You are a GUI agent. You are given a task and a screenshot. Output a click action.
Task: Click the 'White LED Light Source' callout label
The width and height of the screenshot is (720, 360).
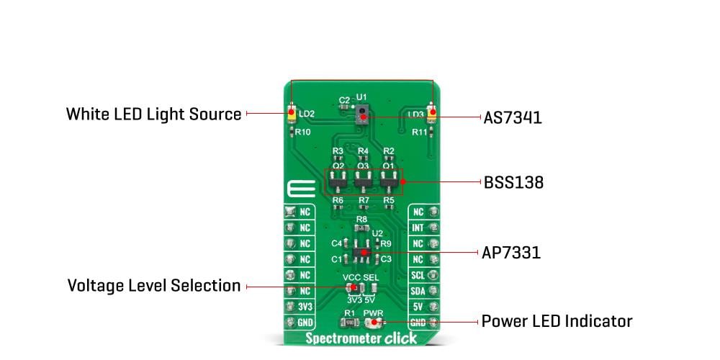pos(153,114)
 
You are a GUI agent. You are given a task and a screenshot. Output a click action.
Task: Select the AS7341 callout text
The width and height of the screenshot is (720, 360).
pos(513,117)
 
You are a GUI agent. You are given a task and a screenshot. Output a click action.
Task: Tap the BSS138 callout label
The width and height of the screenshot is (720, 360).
pos(513,182)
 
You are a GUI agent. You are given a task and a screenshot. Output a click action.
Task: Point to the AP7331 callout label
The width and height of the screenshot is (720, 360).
pos(510,253)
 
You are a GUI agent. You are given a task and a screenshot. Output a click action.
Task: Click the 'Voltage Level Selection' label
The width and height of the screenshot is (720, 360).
pos(153,286)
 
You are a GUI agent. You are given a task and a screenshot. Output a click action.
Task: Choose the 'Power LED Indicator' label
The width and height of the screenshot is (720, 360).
pos(557,321)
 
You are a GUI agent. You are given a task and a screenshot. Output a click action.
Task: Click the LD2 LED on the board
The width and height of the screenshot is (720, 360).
pos(291,114)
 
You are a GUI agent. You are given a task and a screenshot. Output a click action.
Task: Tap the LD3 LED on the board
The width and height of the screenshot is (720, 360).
pos(432,114)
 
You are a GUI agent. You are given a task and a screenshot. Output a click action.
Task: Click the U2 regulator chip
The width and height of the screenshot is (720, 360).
pos(364,251)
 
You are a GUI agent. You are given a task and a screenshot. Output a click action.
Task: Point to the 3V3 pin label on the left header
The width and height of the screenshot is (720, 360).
pos(305,307)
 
